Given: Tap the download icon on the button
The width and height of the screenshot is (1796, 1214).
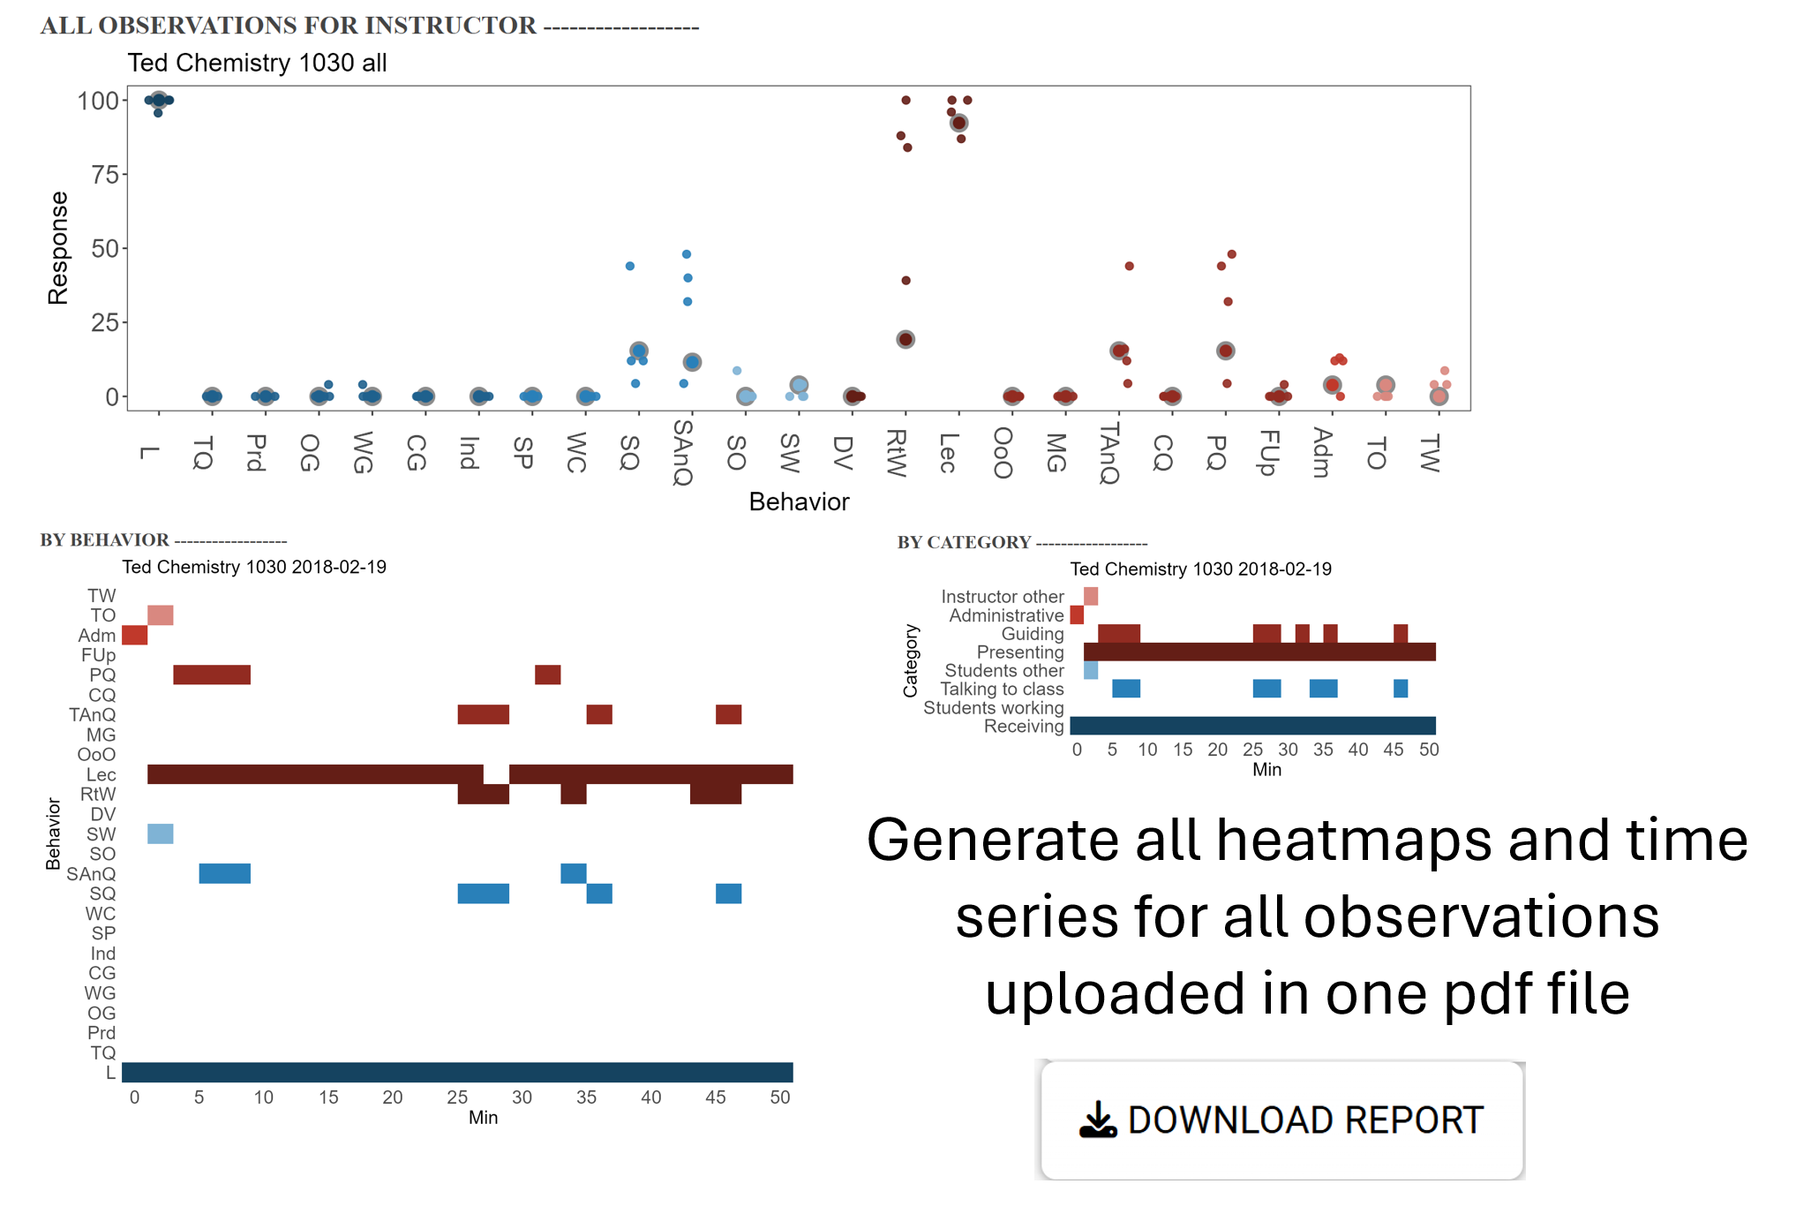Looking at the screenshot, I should (1098, 1120).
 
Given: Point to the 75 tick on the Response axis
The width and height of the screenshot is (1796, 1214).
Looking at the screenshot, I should (105, 175).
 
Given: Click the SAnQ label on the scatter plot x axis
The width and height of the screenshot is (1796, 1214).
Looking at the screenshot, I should (682, 452).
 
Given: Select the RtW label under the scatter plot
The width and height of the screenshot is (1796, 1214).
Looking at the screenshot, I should (896, 452).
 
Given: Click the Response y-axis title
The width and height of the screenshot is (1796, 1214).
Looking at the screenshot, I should (58, 248).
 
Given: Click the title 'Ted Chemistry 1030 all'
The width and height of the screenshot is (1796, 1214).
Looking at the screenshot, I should (257, 63).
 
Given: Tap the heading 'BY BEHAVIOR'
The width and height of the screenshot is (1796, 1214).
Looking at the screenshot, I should (104, 540).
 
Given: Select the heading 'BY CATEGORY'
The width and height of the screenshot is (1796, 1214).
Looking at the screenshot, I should (964, 542).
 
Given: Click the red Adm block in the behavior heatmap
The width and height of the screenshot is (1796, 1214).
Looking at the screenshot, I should (134, 635).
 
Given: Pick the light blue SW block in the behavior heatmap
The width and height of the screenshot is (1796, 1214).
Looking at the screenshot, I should (160, 833).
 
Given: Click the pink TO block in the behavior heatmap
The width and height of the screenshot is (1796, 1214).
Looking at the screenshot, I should (160, 615).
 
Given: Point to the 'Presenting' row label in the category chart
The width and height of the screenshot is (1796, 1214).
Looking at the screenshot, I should (1020, 652).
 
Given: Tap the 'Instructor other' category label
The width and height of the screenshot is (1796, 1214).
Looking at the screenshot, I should (1002, 597).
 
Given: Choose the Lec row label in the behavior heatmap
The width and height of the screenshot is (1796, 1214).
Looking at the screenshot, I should (101, 774).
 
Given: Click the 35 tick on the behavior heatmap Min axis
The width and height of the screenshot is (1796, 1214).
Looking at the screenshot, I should (586, 1097).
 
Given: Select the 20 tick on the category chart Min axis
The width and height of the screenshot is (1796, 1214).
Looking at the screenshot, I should (1217, 750).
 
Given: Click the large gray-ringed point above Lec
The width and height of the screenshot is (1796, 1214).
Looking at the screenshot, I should (958, 123).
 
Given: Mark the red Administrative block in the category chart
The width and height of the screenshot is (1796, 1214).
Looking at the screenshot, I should (1077, 615).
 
